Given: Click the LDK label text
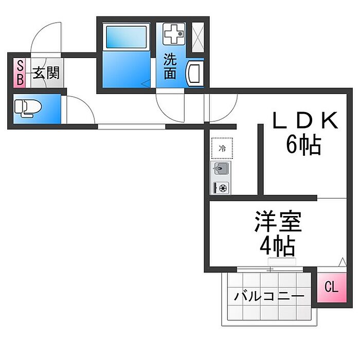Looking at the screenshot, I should [x=304, y=121].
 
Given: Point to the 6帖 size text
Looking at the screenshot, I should [x=303, y=146].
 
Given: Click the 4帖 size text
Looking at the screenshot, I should [x=277, y=247].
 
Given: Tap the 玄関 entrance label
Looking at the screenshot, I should [x=46, y=73].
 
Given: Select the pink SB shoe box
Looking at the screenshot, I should [x=20, y=73].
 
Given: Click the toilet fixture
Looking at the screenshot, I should [x=27, y=108].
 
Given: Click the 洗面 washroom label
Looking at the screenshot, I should [x=170, y=66].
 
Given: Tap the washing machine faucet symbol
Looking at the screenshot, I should [x=174, y=34].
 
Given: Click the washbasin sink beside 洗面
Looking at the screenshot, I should [x=194, y=73].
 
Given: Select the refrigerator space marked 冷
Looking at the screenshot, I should [x=222, y=148].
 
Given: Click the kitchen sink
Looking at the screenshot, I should [x=221, y=169].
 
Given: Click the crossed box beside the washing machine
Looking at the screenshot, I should [x=197, y=35].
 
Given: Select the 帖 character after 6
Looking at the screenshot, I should [x=311, y=146].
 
